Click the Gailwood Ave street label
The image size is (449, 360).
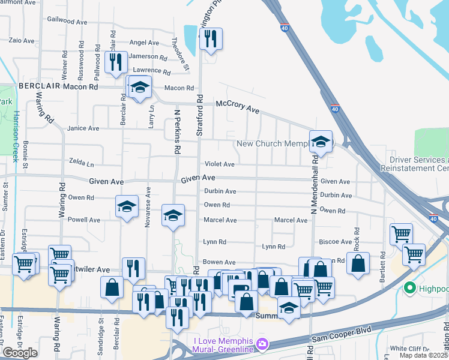(68, 20)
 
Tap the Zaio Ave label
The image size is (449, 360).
(20, 41)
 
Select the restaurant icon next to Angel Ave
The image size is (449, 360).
(210, 40)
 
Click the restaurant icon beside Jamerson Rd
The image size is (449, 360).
(114, 62)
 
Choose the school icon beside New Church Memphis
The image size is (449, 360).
(320, 143)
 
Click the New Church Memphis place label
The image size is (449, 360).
(273, 143)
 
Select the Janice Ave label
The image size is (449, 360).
(83, 128)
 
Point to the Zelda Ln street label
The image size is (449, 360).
(82, 164)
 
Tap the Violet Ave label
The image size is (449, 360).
(220, 164)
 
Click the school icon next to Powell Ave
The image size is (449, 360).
(127, 208)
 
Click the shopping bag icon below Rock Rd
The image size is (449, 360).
(358, 264)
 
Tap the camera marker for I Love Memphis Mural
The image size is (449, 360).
(262, 344)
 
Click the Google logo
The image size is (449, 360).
(20, 352)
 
